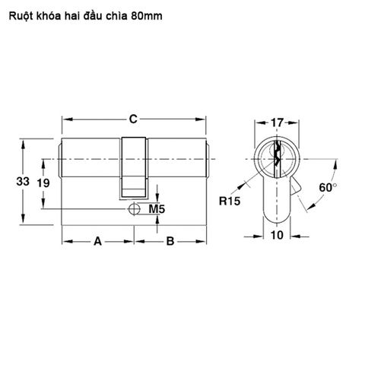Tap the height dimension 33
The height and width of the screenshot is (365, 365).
click(23, 182)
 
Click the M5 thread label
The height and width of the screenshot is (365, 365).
click(156, 208)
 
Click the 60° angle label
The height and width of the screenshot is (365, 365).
click(328, 187)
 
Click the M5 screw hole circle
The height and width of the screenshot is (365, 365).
click(134, 208)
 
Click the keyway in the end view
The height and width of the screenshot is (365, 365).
click(277, 157)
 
